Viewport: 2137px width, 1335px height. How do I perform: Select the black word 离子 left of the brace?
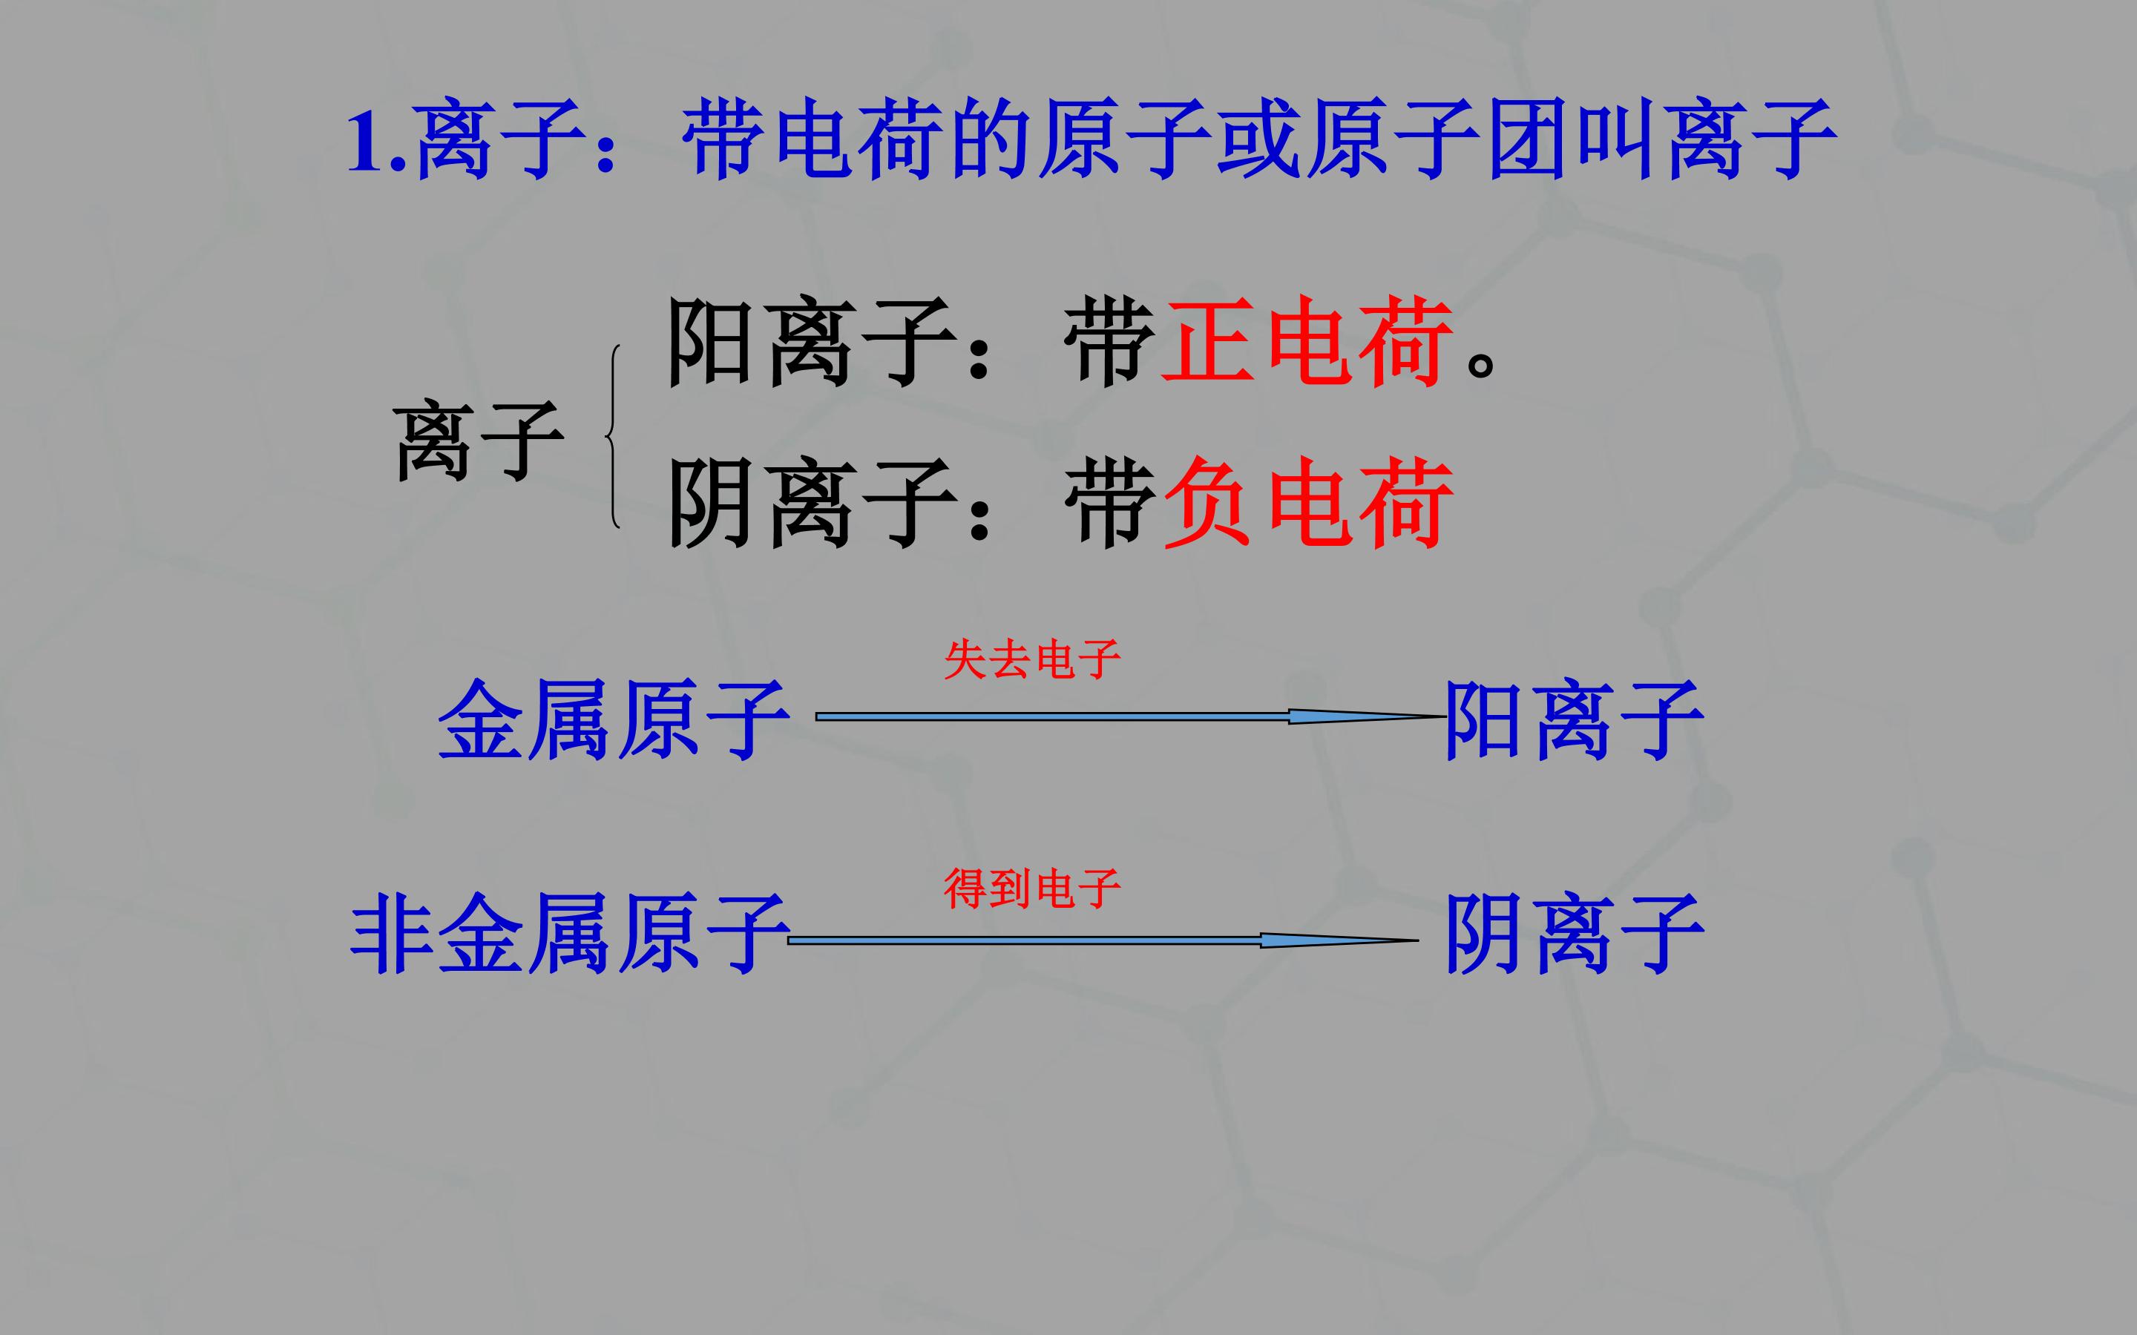[478, 439]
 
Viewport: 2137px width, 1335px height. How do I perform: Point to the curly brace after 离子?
[613, 436]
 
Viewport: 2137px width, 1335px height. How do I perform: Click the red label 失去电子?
[1031, 659]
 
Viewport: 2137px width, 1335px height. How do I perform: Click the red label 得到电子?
[1031, 889]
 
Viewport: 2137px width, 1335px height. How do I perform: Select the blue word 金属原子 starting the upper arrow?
[614, 719]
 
